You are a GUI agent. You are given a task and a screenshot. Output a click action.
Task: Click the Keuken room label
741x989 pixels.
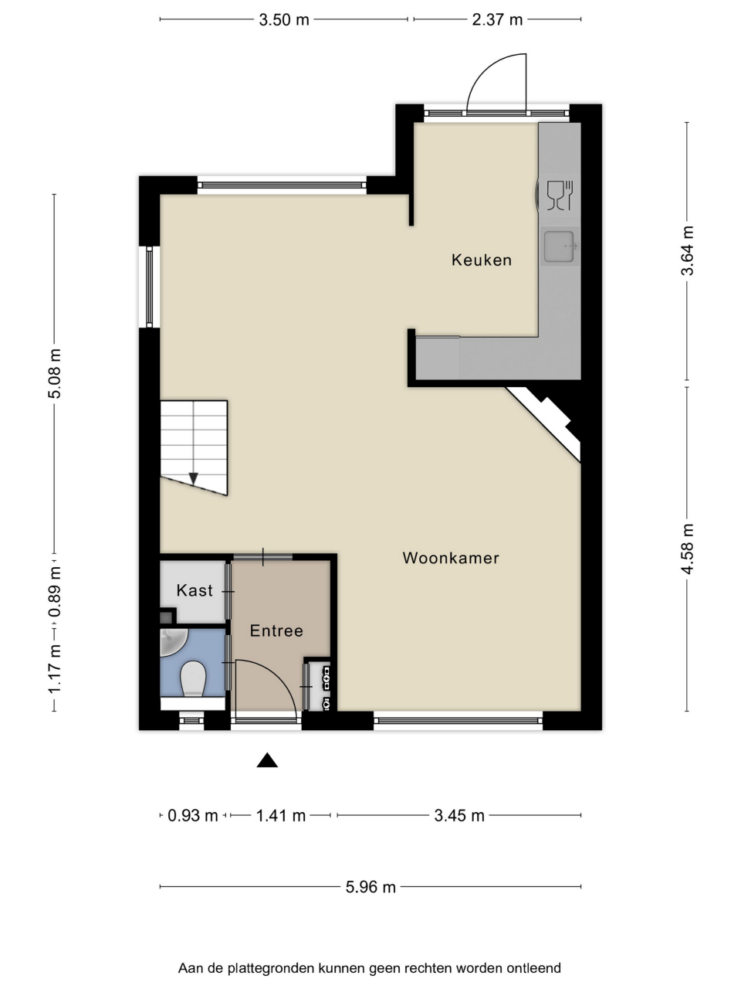(482, 260)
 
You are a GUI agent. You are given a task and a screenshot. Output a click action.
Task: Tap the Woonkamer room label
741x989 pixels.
(451, 559)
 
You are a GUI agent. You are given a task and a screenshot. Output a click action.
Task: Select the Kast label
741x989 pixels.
(195, 590)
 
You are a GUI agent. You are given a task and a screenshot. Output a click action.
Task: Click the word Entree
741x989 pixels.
(276, 630)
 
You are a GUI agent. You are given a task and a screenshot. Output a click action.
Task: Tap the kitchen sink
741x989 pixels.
(560, 246)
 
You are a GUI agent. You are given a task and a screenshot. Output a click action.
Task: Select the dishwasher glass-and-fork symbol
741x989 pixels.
(560, 195)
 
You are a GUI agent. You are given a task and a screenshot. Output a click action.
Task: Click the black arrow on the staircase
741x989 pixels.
(194, 478)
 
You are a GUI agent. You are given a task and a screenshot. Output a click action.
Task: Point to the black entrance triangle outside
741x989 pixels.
(267, 760)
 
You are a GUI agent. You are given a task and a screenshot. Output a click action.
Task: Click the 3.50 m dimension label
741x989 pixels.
(284, 20)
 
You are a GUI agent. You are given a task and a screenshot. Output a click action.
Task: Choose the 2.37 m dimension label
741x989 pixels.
(497, 20)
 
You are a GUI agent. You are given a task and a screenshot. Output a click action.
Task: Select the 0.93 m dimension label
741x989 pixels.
(192, 815)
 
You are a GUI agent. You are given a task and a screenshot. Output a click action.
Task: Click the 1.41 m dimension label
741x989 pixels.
(281, 815)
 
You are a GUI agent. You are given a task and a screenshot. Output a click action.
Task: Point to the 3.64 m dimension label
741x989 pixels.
(687, 250)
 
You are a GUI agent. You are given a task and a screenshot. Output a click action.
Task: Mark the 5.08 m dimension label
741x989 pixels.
(55, 373)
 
